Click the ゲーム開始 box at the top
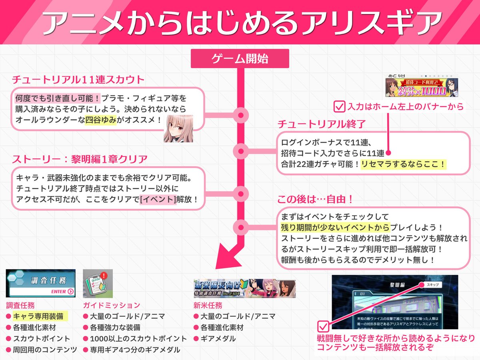(x=240, y=58)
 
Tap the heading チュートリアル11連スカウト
(x=78, y=80)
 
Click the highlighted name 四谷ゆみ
(x=100, y=120)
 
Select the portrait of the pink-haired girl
(x=178, y=128)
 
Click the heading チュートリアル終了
(x=322, y=124)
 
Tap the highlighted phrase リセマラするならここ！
(x=403, y=164)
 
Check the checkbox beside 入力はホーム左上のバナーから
(x=340, y=106)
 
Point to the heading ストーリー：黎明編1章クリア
(x=80, y=159)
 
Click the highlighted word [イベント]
(x=158, y=199)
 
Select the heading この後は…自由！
(x=316, y=199)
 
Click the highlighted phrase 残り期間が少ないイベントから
(x=335, y=228)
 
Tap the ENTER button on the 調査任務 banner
(x=62, y=292)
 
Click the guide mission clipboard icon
(x=98, y=283)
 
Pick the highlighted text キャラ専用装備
(x=40, y=316)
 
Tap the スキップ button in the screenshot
(x=432, y=284)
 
